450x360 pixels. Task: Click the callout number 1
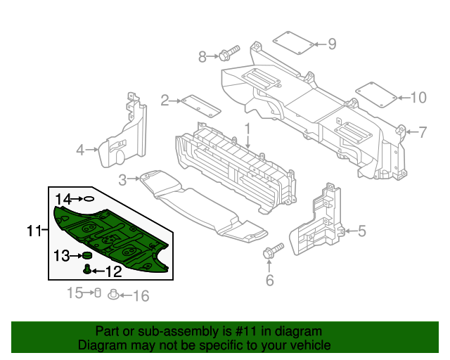pyautogui.click(x=247, y=129)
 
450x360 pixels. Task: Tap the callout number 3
pyautogui.click(x=122, y=180)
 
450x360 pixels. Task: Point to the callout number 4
pyautogui.click(x=81, y=149)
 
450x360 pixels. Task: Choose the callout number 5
pyautogui.click(x=361, y=230)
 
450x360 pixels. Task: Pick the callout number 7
pyautogui.click(x=423, y=131)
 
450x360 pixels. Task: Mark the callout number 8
pyautogui.click(x=203, y=56)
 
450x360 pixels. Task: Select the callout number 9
pyautogui.click(x=332, y=44)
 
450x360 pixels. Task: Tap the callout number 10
pyautogui.click(x=418, y=98)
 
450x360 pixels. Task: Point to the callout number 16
pyautogui.click(x=141, y=296)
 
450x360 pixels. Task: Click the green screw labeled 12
pyautogui.click(x=87, y=269)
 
